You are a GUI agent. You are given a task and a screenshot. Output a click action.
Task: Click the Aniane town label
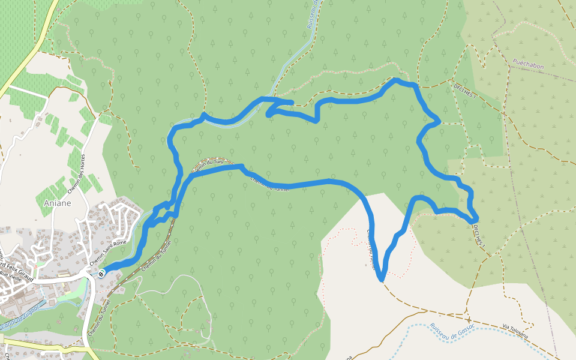pyautogui.click(x=58, y=203)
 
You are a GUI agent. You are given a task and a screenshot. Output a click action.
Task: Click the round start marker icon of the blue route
pyautogui.click(x=102, y=274)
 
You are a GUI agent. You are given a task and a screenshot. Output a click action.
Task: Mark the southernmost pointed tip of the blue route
pyautogui.click(x=380, y=280)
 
